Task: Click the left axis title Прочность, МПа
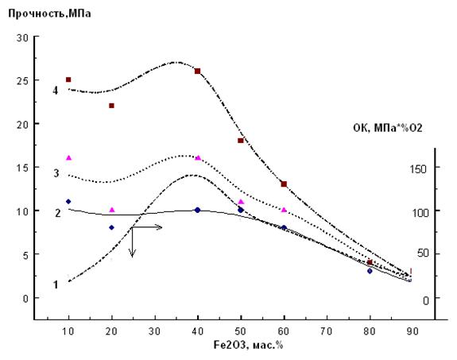[x=49, y=14]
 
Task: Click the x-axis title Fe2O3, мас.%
[x=248, y=346]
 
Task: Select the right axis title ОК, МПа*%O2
[x=388, y=128]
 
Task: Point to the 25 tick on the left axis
[x=22, y=81]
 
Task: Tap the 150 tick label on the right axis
[x=418, y=168]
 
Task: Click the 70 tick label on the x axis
[x=327, y=331]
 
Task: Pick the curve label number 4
[x=56, y=91]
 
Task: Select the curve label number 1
[x=56, y=285]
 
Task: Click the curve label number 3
[x=56, y=173]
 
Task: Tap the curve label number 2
[x=58, y=213]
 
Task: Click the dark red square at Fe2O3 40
[x=198, y=71]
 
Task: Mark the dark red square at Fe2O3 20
[x=111, y=106]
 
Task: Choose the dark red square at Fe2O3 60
[x=284, y=184]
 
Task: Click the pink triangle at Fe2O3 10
[x=69, y=158]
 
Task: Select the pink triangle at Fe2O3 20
[x=112, y=210]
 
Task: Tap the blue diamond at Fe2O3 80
[x=370, y=271]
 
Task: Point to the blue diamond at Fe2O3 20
[x=111, y=227]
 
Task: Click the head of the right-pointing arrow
[x=161, y=227]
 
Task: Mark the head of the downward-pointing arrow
[x=132, y=255]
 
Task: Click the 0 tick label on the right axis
[x=425, y=300]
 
